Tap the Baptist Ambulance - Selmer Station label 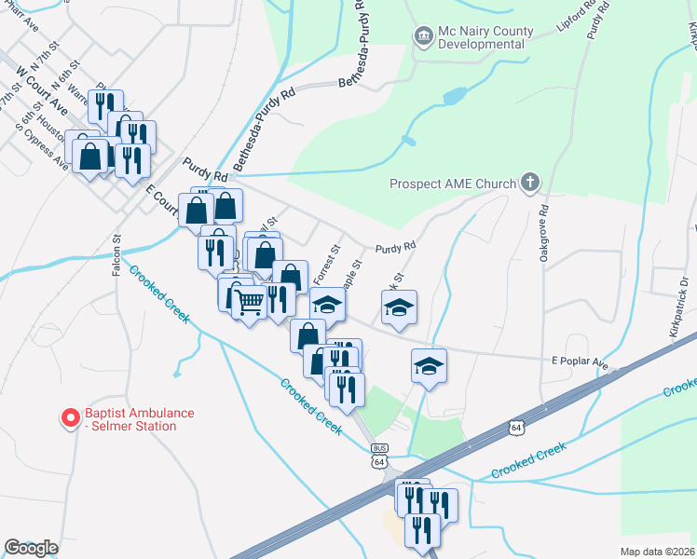click(x=130, y=419)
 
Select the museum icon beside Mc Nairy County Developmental click(x=423, y=36)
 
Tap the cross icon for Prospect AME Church click(x=530, y=182)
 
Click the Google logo click(x=31, y=547)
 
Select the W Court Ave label click(x=42, y=88)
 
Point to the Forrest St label click(x=326, y=265)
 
